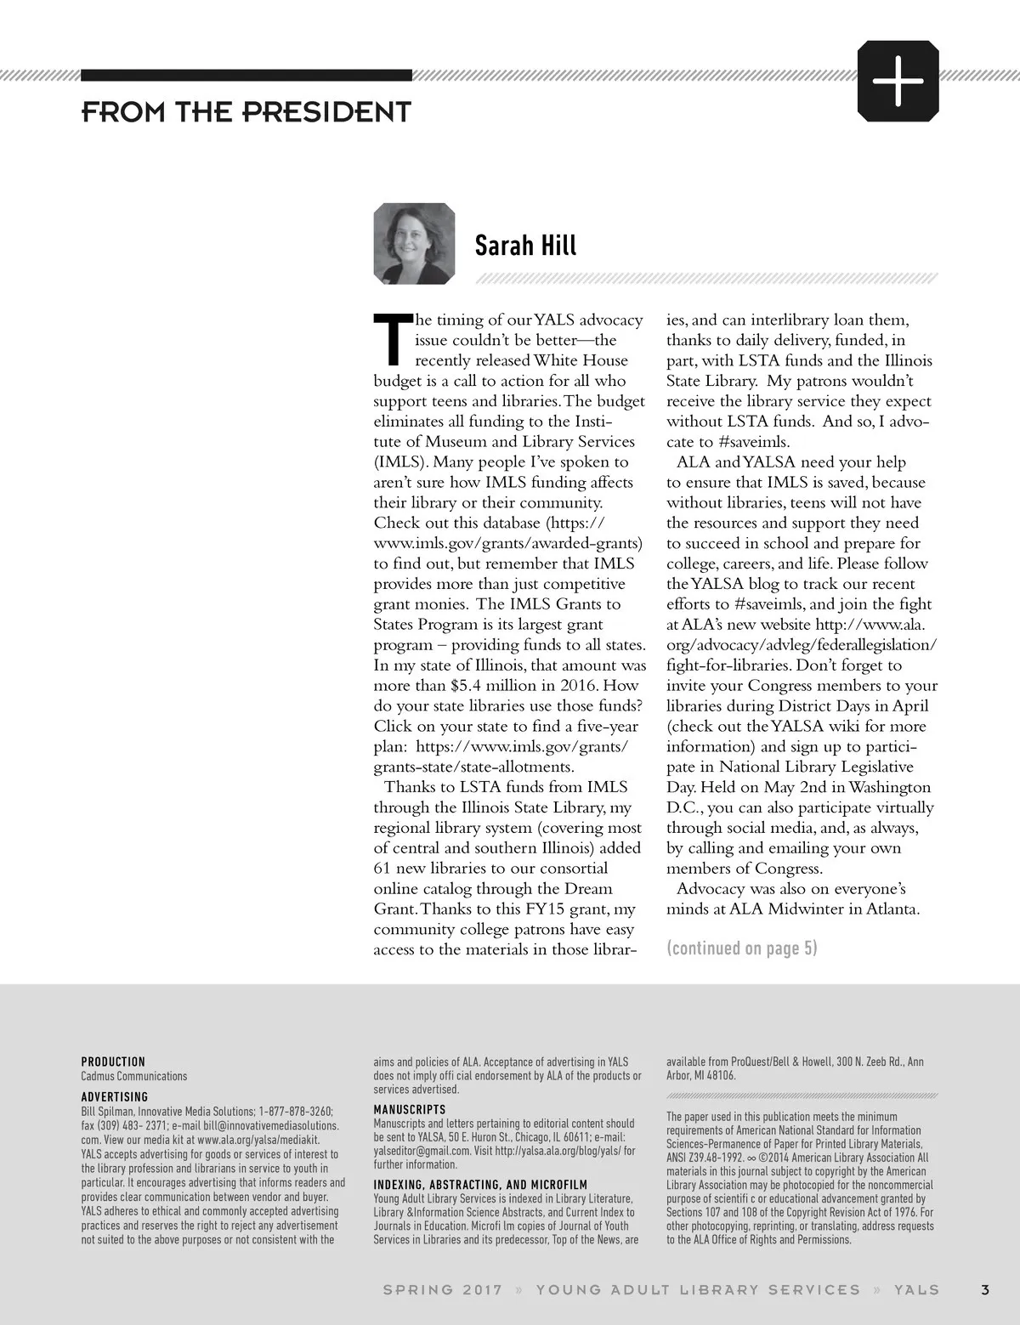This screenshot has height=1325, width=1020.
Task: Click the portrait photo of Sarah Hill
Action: click(414, 244)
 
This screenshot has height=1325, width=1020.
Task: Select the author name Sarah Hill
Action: click(525, 246)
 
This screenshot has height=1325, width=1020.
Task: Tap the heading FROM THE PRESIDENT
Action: click(246, 112)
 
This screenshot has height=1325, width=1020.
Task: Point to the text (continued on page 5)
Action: click(741, 948)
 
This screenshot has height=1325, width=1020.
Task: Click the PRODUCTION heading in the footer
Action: click(113, 1062)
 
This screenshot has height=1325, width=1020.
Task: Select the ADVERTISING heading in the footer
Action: click(114, 1097)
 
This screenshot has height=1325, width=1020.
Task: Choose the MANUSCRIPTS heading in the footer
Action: click(409, 1109)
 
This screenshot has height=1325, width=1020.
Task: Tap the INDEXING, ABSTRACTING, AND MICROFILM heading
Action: click(480, 1184)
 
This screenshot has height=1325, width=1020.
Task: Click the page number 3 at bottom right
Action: click(984, 1289)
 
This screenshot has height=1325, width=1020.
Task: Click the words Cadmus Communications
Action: click(133, 1076)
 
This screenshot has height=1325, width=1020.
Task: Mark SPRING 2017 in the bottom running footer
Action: click(442, 1289)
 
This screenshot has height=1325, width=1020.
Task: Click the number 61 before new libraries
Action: click(382, 869)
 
